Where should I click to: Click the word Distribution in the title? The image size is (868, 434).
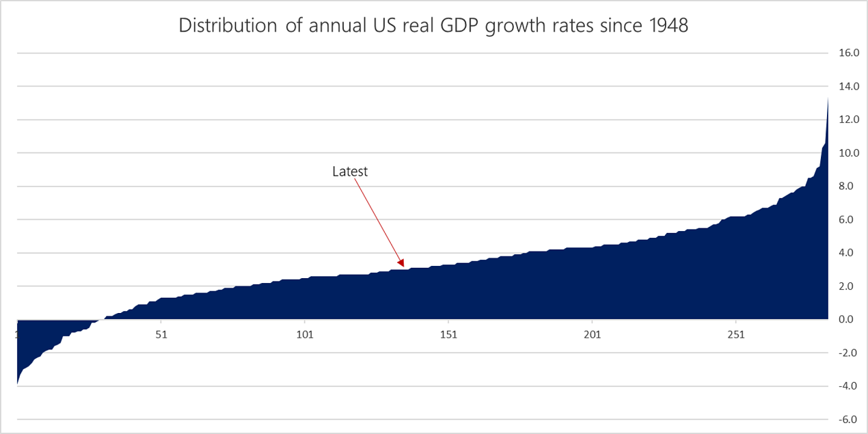pyautogui.click(x=222, y=25)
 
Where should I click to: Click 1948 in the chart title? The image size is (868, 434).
pyautogui.click(x=664, y=25)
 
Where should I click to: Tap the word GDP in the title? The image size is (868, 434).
pyautogui.click(x=466, y=25)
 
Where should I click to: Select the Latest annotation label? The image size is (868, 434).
pyautogui.click(x=350, y=172)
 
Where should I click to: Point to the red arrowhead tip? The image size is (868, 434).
pyautogui.click(x=404, y=266)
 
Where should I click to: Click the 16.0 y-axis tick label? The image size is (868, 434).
pyautogui.click(x=845, y=53)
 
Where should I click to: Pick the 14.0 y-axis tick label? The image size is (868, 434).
pyautogui.click(x=845, y=86)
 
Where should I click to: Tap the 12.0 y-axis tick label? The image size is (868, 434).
pyautogui.click(x=845, y=120)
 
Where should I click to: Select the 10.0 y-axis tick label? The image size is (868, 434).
pyautogui.click(x=845, y=153)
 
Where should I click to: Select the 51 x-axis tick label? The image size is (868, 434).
pyautogui.click(x=161, y=335)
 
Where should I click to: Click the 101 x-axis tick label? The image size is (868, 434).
pyautogui.click(x=304, y=335)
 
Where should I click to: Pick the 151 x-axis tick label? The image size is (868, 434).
pyautogui.click(x=448, y=335)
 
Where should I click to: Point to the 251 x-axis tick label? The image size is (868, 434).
pyautogui.click(x=735, y=335)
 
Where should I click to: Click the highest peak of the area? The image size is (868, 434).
pyautogui.click(x=828, y=99)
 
